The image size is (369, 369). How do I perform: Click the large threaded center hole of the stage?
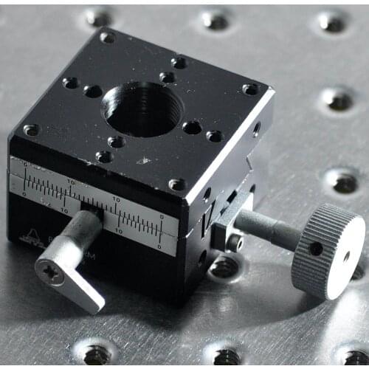142,109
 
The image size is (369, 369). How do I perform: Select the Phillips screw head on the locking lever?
51,272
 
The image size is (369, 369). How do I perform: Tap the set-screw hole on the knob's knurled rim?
316,249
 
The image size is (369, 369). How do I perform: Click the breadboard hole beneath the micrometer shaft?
225,266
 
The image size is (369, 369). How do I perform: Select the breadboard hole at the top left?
98,15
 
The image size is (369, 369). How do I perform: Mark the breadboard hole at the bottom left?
97,354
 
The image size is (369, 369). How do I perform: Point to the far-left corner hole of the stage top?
31,130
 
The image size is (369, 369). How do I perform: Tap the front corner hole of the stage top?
176,184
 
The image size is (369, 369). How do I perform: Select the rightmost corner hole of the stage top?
250,89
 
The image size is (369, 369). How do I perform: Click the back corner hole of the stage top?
107,37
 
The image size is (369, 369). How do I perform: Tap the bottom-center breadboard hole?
226,356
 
